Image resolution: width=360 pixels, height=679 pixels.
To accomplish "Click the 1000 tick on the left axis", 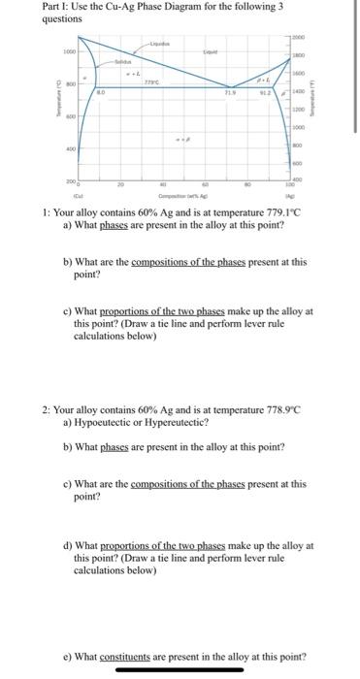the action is tap(69, 51).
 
